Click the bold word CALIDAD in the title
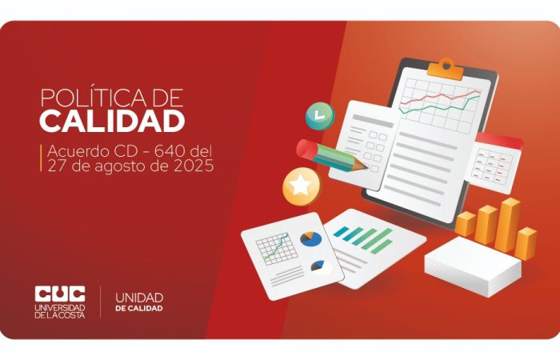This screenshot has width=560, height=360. tap(112, 121)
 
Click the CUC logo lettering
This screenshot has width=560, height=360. tap(60, 294)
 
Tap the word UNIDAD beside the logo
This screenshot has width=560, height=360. tap(139, 298)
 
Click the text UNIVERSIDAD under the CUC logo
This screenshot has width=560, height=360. tap(60, 308)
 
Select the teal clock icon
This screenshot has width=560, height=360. tap(320, 116)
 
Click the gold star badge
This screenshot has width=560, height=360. tap(302, 186)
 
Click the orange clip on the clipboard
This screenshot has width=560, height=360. tap(446, 69)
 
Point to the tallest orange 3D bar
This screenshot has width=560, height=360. tap(507, 224)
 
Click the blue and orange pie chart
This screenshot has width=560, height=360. tap(310, 239)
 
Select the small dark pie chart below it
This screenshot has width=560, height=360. tap(318, 266)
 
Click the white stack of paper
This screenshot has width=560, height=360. tap(472, 266)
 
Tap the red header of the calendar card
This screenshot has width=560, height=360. tap(499, 142)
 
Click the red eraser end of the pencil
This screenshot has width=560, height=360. tap(305, 149)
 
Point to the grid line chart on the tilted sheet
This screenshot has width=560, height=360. tap(277, 249)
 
